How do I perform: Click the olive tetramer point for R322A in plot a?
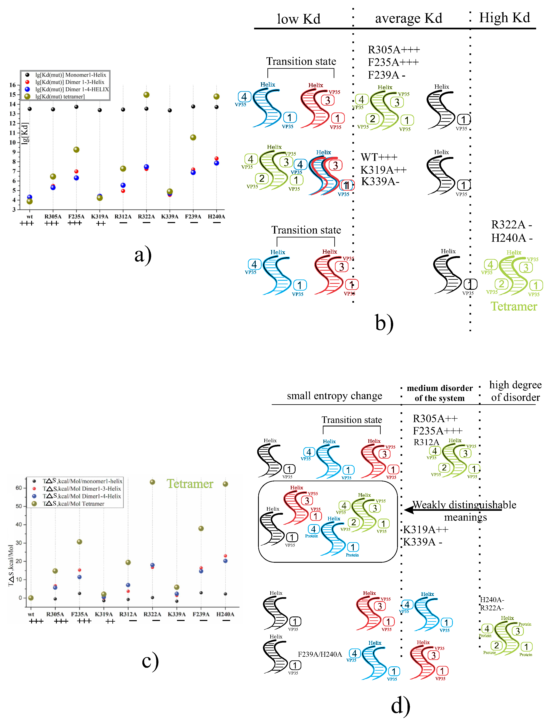point(146,95)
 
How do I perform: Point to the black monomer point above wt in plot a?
point(30,109)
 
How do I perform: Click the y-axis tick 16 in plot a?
point(13,85)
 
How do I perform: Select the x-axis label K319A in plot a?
point(99,217)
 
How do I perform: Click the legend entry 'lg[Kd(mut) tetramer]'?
point(60,96)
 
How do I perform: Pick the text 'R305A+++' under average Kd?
point(393,50)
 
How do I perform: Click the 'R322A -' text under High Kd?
point(511,225)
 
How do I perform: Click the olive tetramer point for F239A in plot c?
point(201,528)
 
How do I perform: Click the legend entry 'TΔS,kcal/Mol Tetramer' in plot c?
point(73,503)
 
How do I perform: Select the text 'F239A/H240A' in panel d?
point(320,654)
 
